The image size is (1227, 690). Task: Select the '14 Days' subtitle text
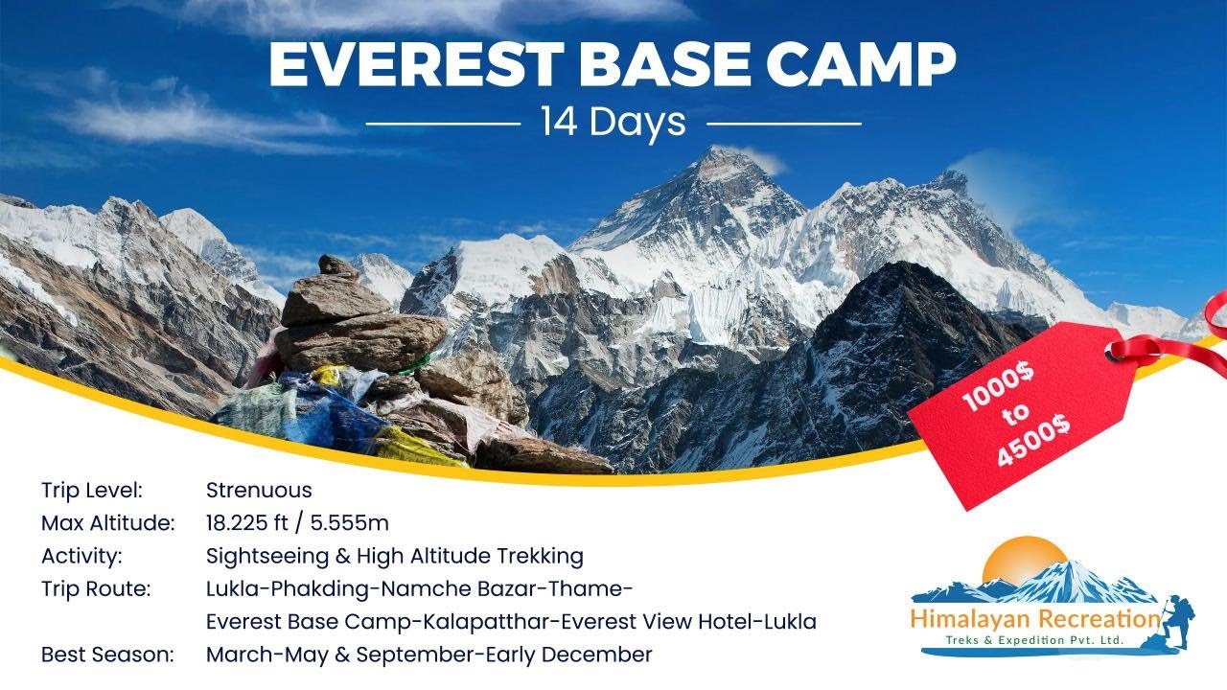(x=613, y=122)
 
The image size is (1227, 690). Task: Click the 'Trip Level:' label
(x=92, y=491)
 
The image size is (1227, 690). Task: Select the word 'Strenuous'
(x=259, y=491)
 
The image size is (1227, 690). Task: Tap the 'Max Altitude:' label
(x=108, y=523)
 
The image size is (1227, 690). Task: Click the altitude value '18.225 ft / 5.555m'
(x=297, y=523)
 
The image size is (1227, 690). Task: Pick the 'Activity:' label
(x=81, y=556)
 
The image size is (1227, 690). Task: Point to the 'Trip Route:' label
(x=96, y=588)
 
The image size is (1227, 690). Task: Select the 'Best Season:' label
(x=107, y=655)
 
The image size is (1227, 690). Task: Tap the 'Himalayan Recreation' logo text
(x=1035, y=618)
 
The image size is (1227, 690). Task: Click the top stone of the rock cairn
(x=338, y=267)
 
